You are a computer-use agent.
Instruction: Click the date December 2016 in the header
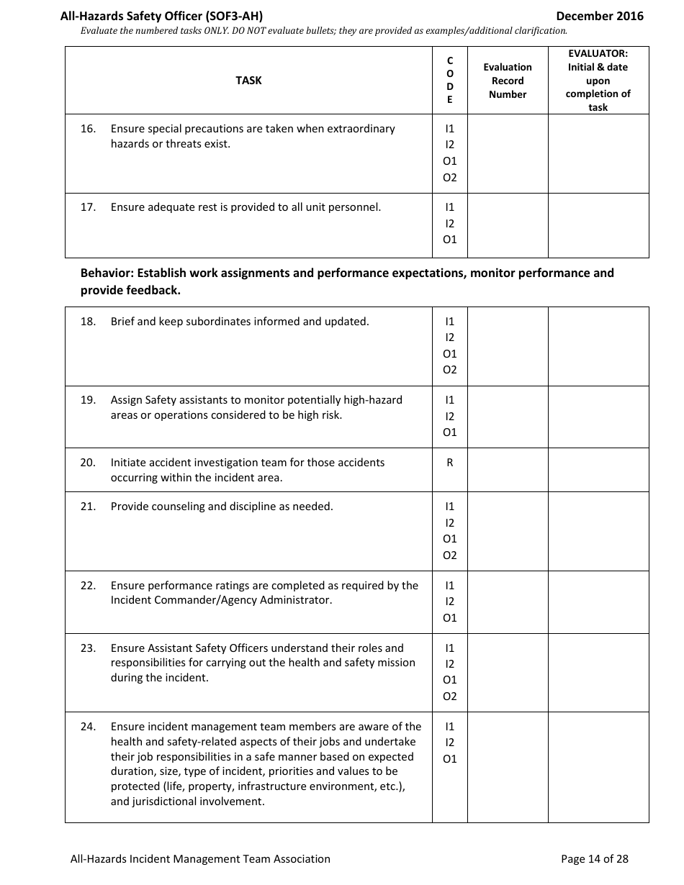coord(600,16)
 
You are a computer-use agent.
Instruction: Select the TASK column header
coord(248,81)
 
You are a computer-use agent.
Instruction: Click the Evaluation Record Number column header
coord(508,81)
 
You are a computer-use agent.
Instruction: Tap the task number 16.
coord(88,129)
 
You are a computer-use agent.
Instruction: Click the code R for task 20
coord(450,463)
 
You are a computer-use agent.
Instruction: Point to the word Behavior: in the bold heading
coord(107,273)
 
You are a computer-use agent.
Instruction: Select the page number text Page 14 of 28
coord(594,858)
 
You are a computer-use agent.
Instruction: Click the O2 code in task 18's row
coord(450,370)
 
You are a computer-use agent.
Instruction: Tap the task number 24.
coord(88,727)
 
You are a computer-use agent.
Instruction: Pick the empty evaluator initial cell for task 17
coord(598,225)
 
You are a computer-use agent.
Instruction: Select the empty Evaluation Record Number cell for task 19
coord(508,417)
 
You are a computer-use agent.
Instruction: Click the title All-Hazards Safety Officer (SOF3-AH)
coord(166,16)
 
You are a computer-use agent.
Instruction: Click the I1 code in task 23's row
coord(450,648)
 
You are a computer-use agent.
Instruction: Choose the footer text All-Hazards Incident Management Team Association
coord(200,858)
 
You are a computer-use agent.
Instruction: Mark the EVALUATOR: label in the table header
coord(598,54)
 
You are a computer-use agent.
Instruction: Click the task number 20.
coord(88,463)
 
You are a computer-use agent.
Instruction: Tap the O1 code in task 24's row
coord(450,758)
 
